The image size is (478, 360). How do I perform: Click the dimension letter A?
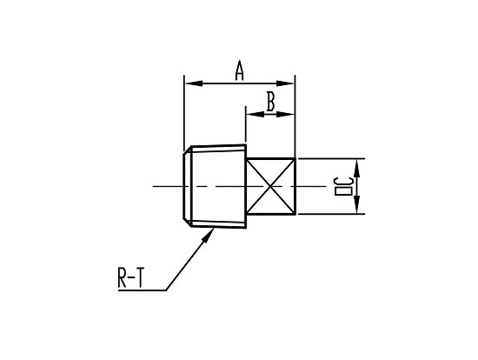[x=240, y=70]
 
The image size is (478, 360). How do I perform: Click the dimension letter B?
[x=270, y=101]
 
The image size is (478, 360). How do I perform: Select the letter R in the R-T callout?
[x=123, y=277]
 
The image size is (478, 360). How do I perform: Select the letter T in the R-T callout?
[x=140, y=277]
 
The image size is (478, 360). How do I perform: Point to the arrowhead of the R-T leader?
[x=209, y=235]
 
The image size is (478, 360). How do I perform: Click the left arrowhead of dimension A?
[x=194, y=83]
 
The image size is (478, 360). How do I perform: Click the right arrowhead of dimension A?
[x=285, y=83]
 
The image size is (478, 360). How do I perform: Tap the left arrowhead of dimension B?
[x=256, y=115]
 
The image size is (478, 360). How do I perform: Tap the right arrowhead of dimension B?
[x=285, y=115]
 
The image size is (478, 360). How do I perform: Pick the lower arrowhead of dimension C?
[x=357, y=204]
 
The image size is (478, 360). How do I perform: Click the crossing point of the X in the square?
[x=270, y=186]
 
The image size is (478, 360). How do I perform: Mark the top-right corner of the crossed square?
[x=295, y=158]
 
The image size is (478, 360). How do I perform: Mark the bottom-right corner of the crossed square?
[x=295, y=214]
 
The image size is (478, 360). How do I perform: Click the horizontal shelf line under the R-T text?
[x=142, y=290]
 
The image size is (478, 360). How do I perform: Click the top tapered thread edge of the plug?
[x=218, y=146]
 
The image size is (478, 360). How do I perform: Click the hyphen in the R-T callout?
[x=130, y=278]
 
